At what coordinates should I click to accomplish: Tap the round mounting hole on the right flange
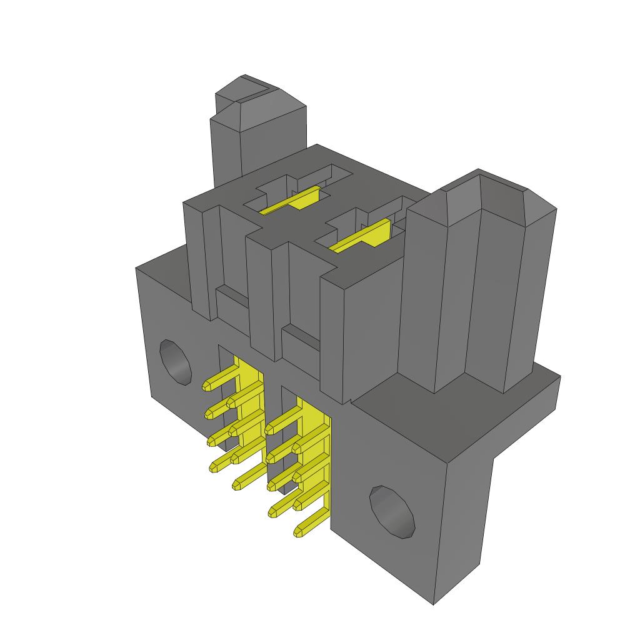pos(392,511)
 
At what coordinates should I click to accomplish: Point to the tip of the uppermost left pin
pos(207,386)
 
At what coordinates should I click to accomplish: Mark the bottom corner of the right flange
pos(433,604)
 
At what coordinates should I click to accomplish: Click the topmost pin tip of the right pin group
pos(270,429)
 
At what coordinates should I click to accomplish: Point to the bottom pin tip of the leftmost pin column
pos(218,465)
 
